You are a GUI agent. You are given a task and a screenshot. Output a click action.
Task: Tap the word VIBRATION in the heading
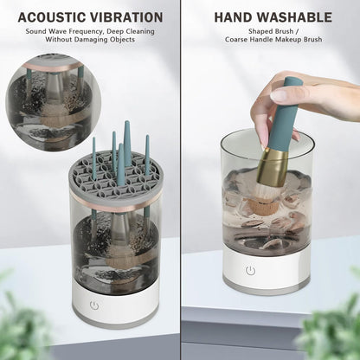(125, 17)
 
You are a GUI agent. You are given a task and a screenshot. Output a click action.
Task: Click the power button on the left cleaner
(94, 305)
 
